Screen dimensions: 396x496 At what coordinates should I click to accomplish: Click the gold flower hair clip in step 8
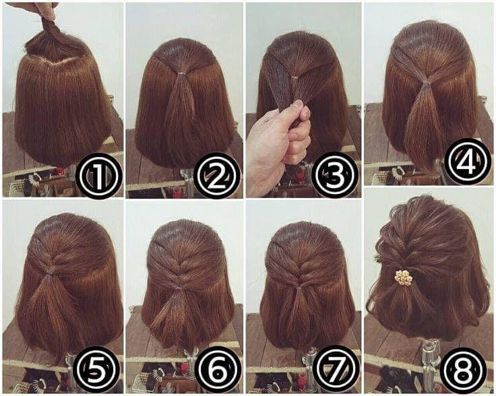pos(403,277)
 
